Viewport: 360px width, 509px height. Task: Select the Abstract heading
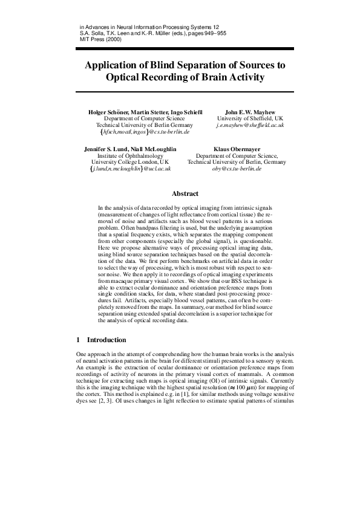pyautogui.click(x=185, y=194)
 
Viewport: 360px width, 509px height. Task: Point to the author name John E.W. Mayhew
pyautogui.click(x=250, y=112)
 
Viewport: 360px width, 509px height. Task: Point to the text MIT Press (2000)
pyautogui.click(x=100, y=39)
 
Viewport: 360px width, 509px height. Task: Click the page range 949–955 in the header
pyautogui.click(x=214, y=33)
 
